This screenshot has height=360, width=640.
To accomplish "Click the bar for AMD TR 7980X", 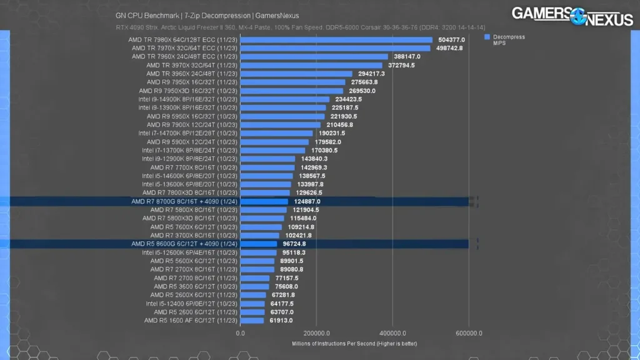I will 336,40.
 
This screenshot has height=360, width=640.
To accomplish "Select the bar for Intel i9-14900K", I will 285,99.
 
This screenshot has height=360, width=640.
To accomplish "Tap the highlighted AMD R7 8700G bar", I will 264,201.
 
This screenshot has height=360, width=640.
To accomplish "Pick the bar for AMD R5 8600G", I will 259,244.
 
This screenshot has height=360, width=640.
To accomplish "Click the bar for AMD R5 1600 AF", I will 252,321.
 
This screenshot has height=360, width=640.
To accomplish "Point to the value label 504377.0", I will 452,40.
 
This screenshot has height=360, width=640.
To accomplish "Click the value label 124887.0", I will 306,201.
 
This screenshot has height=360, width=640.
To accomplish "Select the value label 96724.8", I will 295,244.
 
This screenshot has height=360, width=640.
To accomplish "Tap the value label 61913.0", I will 281,321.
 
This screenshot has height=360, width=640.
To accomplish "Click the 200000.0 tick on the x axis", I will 317,333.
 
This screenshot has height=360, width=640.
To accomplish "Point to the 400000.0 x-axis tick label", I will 393,333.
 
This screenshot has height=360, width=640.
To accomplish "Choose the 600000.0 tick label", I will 469,333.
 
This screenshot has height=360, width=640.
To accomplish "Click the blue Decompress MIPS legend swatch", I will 487,37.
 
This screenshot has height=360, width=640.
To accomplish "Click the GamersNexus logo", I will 572,16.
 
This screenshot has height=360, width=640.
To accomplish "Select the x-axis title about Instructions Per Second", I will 354,344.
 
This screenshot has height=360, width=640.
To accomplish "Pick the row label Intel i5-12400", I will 192,304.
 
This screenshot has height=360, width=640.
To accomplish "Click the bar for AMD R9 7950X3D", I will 292,91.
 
